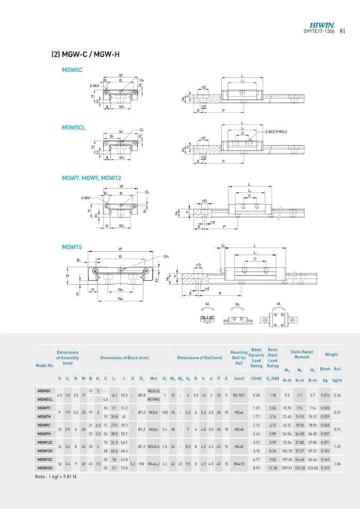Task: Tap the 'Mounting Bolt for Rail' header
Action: [239, 357]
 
